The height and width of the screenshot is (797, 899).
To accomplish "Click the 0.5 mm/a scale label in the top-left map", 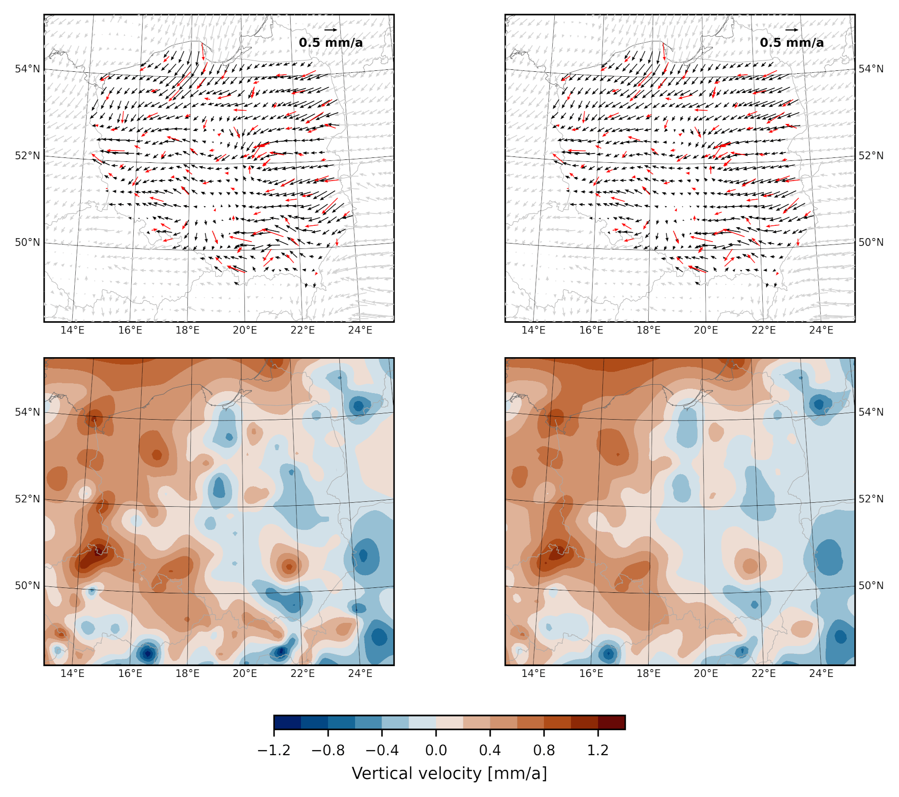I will (330, 43).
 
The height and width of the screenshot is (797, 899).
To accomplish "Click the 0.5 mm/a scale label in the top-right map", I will (791, 43).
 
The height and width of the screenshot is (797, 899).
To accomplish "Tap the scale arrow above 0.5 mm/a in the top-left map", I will (330, 30).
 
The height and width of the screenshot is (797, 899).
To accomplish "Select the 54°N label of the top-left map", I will (28, 69).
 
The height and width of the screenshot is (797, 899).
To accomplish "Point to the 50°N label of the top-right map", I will (871, 242).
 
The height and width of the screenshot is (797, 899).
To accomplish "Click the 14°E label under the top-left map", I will (72, 330).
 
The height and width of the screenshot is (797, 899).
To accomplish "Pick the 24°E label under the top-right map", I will (821, 330).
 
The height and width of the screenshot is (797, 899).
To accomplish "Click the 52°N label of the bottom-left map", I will (28, 499).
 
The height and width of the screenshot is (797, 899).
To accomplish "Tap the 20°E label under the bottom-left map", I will (245, 674).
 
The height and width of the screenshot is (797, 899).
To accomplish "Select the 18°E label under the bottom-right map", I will (648, 674).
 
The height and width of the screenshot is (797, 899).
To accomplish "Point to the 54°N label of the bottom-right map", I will (871, 412).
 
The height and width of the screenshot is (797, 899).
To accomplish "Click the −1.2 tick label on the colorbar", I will (274, 750).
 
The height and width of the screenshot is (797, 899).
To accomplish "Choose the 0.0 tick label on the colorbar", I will (436, 750).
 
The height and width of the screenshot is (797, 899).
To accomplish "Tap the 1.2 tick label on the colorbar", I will (598, 750).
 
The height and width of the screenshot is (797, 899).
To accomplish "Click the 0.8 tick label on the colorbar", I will (544, 750).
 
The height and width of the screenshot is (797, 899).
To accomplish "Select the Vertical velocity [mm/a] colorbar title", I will (449, 773).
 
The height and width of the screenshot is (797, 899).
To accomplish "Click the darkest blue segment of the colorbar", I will (287, 722).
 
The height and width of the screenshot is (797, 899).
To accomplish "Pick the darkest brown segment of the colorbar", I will (611, 722).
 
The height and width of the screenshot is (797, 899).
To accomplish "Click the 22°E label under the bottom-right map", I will (763, 674).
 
